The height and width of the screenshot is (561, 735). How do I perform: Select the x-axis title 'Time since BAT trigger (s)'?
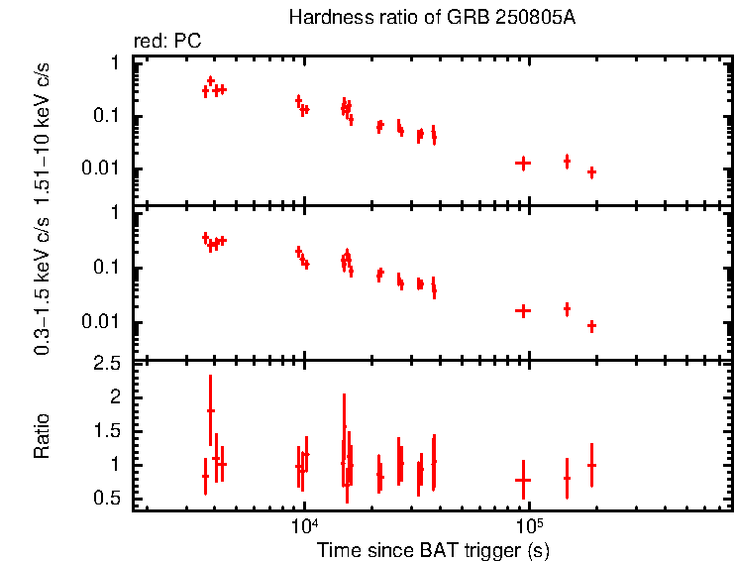coord(433,548)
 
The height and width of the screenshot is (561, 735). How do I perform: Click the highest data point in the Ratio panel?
coord(210,410)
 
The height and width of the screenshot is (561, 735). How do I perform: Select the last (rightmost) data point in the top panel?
coord(591,171)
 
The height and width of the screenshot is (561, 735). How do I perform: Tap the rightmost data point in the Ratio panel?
coord(591,465)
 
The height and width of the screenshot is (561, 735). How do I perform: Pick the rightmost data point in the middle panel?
coord(591,325)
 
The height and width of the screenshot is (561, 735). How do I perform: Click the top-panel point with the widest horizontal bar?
coord(523,163)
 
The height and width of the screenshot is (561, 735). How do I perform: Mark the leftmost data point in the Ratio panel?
coord(205,476)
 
